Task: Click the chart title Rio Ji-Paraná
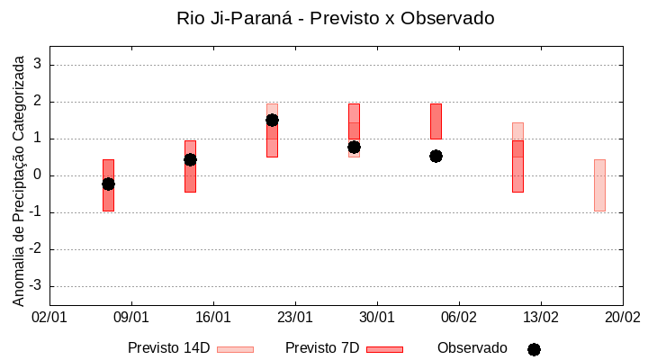336,18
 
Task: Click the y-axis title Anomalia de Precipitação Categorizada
18,178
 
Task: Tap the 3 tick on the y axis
38,65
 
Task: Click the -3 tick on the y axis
35,286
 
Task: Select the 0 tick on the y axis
38,175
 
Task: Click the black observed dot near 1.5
272,120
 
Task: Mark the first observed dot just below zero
108,184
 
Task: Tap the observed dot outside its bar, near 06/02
436,156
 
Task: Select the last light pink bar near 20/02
599,185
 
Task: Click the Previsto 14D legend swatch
235,349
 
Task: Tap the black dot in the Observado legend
534,349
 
